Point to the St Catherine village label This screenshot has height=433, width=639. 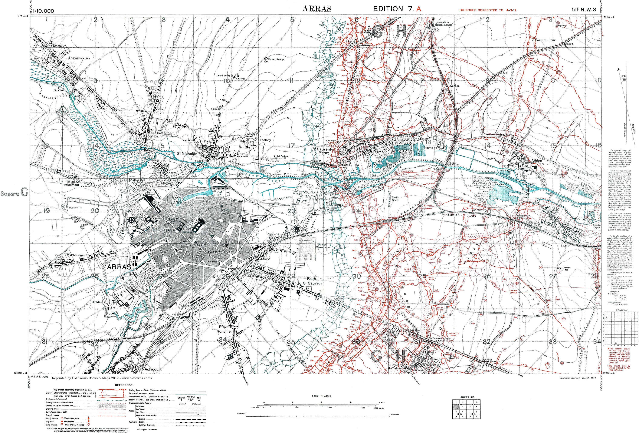tap(162, 133)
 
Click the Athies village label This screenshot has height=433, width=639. tap(537, 161)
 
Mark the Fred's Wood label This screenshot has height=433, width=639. tap(395, 198)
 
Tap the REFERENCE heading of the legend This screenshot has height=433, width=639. tap(124, 385)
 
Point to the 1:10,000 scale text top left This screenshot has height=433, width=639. tap(43, 11)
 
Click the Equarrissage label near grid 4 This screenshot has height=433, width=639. tap(276, 59)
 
